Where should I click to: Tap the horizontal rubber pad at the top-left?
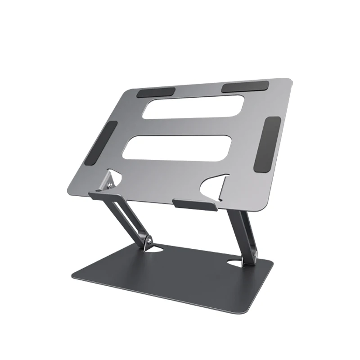(x=156, y=92)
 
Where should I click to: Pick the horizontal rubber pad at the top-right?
(x=244, y=87)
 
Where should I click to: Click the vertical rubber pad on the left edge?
(x=106, y=144)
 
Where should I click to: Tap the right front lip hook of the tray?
(x=195, y=206)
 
